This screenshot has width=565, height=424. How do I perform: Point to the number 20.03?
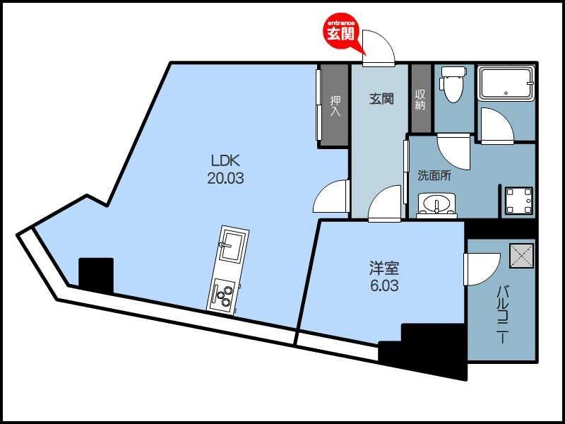pos(225,178)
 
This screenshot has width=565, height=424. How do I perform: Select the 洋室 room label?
pos(385,269)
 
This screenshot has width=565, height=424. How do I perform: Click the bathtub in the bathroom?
pos(506,83)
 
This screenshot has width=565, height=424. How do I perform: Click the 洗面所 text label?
pos(434,175)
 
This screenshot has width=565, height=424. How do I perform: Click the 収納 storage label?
pos(421,100)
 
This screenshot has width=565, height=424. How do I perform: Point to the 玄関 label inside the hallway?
pos(381,100)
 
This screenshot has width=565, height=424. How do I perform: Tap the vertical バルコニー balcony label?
pos(503,314)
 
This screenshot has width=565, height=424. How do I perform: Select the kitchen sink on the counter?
pos(231,247)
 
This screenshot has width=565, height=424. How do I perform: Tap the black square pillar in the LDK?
pos(96,275)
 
